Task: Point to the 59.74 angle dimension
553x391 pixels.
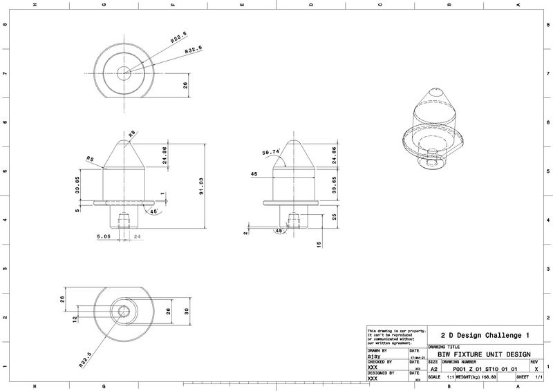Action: [271, 152]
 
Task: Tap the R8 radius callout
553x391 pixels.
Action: [131, 135]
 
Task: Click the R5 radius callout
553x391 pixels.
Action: [90, 158]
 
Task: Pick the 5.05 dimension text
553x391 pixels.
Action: [104, 236]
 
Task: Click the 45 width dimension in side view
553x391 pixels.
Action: [255, 174]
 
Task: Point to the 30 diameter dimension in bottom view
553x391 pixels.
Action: [186, 311]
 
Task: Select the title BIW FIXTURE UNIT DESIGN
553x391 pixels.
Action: [484, 354]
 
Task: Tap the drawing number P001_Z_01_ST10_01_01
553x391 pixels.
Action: [484, 369]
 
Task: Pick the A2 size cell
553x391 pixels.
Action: [434, 369]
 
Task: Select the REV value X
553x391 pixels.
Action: [536, 369]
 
